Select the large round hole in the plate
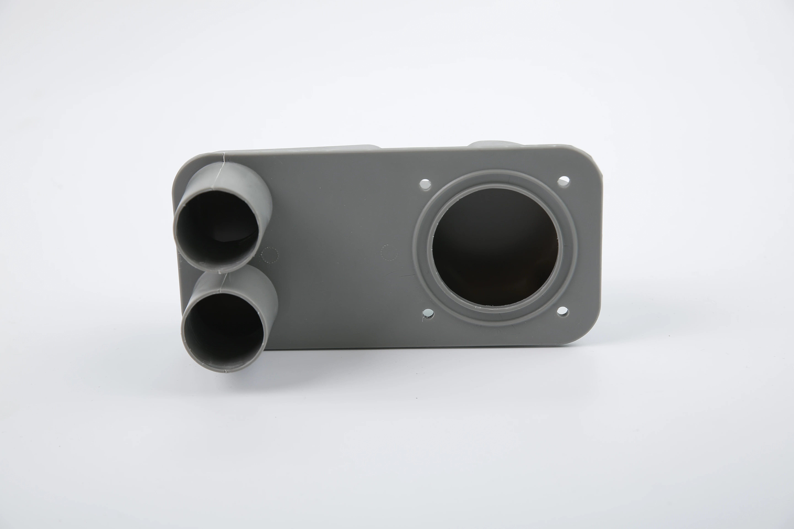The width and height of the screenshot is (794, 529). click(495, 246)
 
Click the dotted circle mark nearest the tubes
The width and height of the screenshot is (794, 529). click(270, 255)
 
